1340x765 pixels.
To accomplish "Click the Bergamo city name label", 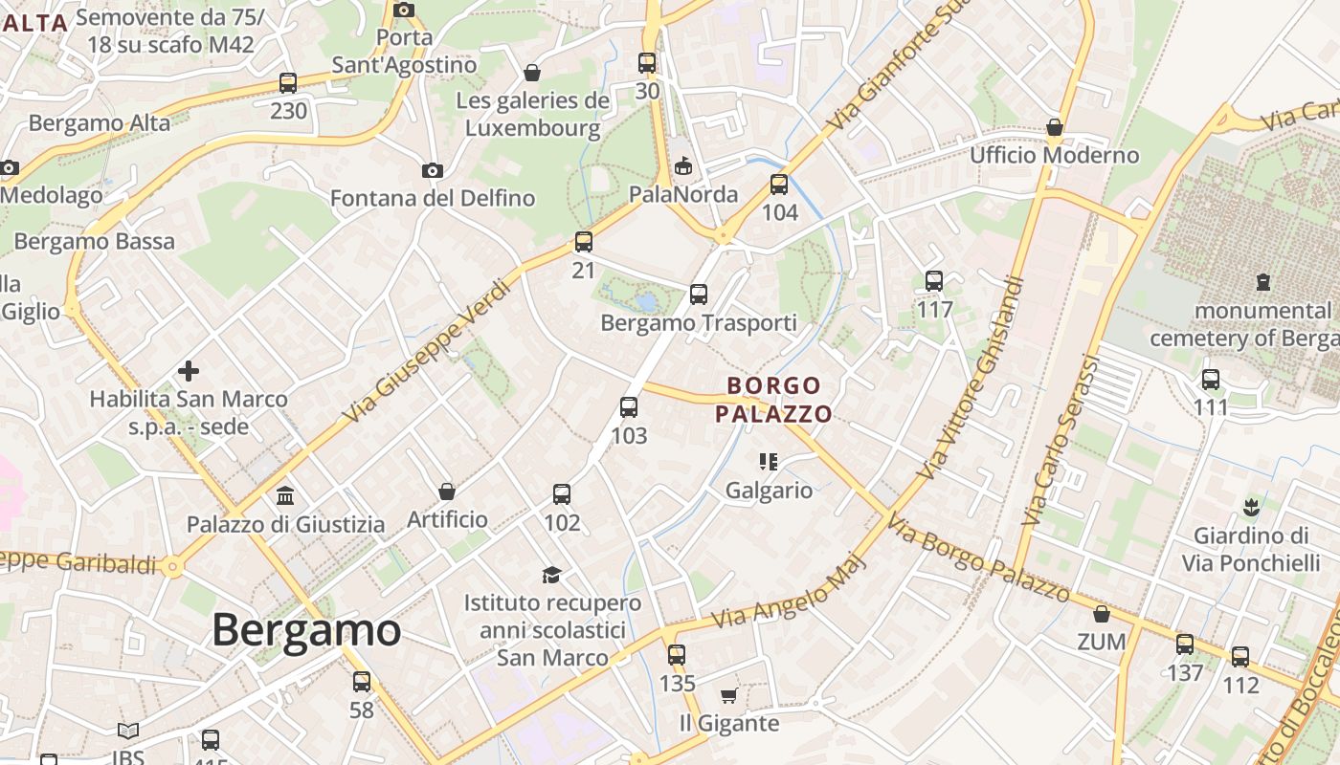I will pos(306,629).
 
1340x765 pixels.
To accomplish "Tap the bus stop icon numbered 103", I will pos(629,407).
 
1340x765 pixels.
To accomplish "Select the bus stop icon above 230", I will pos(288,83).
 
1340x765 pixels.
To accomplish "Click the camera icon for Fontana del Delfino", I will pos(433,170).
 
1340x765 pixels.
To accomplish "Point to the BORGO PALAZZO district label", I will pos(773,400).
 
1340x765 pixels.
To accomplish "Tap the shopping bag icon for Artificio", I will pos(447,492).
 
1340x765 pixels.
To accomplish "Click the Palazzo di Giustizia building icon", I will pos(285,495).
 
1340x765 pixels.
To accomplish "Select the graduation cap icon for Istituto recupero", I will pos(551,575).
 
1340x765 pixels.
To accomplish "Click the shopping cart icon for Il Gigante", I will pos(728,695).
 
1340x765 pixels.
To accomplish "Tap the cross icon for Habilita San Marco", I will pos(189,370).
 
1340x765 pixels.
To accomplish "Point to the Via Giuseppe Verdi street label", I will pos(428,351).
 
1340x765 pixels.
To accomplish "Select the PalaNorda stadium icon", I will pos(682,166).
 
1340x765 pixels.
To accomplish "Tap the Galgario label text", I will pos(769,491).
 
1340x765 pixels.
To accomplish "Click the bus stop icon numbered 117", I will pos(934,281).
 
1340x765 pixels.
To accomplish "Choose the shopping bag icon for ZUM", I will pos(1102,614).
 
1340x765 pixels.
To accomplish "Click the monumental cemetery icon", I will pos(1263,282).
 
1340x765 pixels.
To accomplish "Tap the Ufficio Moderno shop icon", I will pos(1055,127).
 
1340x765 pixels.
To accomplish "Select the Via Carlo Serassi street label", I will pos(1061,440).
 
